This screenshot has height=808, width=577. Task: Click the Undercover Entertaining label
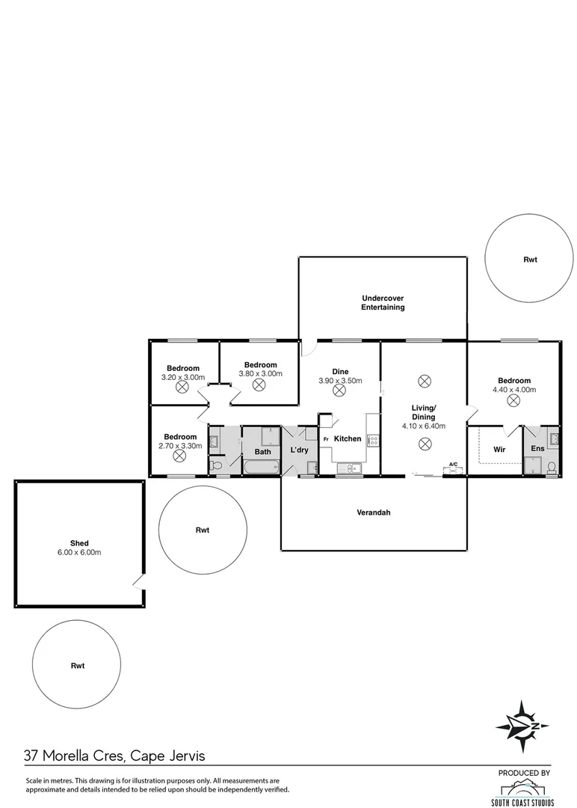(x=383, y=302)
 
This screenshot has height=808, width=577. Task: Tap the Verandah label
(x=373, y=513)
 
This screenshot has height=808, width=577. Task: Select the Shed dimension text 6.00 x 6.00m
(x=80, y=552)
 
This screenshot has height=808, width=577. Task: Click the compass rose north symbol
(x=522, y=726)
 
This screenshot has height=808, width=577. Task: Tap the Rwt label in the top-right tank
(x=529, y=260)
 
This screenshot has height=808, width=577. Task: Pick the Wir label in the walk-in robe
(x=500, y=450)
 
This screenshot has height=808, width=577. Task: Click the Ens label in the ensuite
(x=537, y=449)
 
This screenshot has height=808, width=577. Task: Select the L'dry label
(x=299, y=450)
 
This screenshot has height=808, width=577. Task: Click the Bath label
(x=262, y=452)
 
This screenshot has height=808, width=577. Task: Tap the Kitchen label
(x=348, y=438)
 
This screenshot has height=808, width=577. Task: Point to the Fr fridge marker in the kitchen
(x=326, y=439)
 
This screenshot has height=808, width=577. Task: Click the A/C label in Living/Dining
(x=453, y=464)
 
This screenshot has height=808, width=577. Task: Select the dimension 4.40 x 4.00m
(x=512, y=390)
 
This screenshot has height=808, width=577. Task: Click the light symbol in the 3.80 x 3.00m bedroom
(x=259, y=385)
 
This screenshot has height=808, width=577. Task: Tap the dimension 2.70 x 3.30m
(x=180, y=446)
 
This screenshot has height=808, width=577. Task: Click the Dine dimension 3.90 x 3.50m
(x=340, y=380)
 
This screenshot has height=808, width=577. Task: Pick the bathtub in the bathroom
(x=261, y=468)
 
